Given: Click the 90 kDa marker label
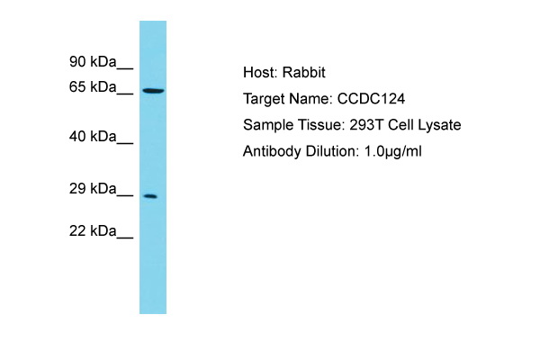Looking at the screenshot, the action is [93, 62].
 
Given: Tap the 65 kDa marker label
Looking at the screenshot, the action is [93, 86].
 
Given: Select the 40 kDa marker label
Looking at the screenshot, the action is [93, 137].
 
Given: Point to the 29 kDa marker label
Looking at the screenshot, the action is [93, 189].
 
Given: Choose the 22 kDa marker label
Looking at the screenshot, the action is [93, 230].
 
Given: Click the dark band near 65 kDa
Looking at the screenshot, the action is [153, 91].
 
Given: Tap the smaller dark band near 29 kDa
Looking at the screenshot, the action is [150, 196].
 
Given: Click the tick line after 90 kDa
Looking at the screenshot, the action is [125, 69].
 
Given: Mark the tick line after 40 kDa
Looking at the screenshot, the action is [125, 144].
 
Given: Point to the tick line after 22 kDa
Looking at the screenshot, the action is [125, 238].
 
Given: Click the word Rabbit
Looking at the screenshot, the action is [304, 73].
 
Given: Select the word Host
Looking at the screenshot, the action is [260, 73].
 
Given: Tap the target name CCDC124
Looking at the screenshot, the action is [371, 99].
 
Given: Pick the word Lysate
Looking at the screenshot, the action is [439, 125].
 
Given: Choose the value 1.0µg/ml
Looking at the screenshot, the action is [392, 151].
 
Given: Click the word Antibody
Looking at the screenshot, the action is [272, 151].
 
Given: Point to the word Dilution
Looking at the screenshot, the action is [332, 151].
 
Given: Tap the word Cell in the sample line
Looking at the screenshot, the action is [400, 125].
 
